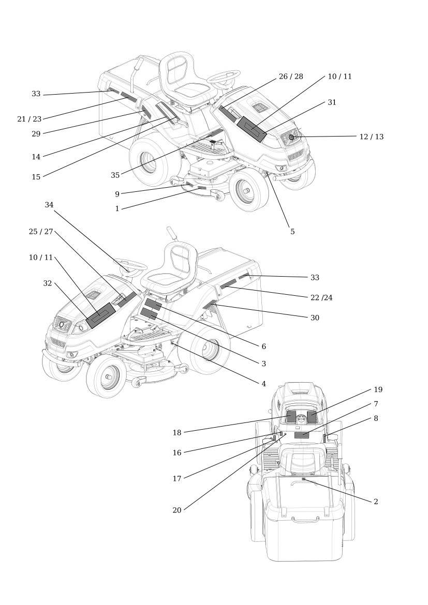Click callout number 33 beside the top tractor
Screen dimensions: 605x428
pos(36,94)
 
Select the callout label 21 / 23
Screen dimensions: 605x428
pos(29,119)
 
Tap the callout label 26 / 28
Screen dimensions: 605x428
pos(291,77)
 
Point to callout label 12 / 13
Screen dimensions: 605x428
pos(371,137)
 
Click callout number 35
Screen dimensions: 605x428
pos(115,175)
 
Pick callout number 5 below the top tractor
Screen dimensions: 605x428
pos(292,232)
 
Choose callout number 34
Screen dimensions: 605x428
pos(49,205)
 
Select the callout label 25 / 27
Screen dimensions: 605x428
pos(41,232)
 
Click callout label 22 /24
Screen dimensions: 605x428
pos(321,297)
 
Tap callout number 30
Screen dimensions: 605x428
pos(315,317)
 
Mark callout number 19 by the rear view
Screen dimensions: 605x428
pos(378,389)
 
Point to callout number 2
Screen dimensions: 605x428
pos(376,502)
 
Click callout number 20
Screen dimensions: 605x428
pos(177,510)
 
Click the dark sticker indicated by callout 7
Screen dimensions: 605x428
pos(302,435)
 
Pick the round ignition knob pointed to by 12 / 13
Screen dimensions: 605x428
pos(292,137)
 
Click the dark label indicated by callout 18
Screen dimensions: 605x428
pos(290,417)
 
